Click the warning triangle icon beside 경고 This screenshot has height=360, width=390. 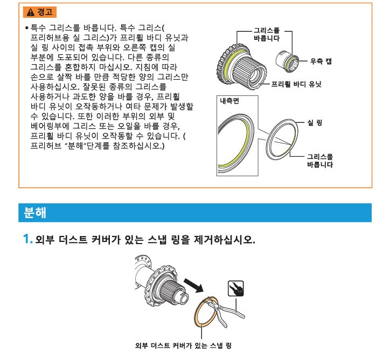pos(31,12)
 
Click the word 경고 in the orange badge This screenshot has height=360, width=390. pos(45,12)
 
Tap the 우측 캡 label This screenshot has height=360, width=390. pos(321,61)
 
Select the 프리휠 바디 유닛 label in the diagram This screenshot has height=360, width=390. pos(296,84)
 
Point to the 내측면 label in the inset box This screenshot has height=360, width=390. pos(229,101)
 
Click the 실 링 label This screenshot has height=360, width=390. pos(315,122)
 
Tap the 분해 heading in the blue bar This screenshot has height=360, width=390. pos(35,213)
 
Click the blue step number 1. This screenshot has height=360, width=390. pos(27,239)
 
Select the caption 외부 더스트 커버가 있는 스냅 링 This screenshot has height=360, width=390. pos(183,345)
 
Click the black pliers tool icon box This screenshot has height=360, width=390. pos(235,289)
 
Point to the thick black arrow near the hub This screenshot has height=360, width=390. pos(193,286)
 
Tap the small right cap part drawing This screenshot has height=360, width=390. pos(287,61)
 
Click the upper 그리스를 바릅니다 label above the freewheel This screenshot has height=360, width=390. pos(267,34)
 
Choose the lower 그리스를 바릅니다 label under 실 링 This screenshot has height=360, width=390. pos(320,161)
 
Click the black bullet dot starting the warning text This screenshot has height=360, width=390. pos(27,27)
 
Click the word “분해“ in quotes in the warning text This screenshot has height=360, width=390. pos(75,146)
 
